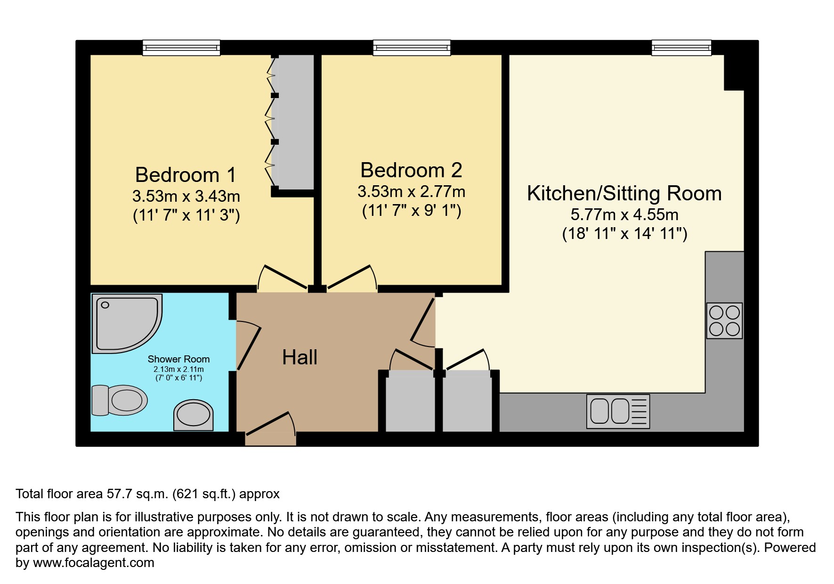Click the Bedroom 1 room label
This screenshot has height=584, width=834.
[x=186, y=175]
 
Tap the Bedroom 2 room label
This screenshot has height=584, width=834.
[x=411, y=170]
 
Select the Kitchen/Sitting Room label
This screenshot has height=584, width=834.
[x=624, y=194]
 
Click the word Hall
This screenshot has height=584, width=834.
[x=300, y=357]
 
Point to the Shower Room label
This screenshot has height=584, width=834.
[x=178, y=359]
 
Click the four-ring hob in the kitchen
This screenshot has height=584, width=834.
[x=724, y=321]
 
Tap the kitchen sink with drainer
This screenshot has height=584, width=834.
[x=618, y=411]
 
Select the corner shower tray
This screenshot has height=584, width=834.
[x=124, y=323]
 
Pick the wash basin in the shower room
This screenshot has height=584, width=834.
[x=193, y=416]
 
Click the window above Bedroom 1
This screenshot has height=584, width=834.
[x=181, y=47]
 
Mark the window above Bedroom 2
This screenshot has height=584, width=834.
[x=412, y=47]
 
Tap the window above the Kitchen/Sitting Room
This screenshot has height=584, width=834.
[x=681, y=47]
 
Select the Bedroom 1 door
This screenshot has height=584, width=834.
[x=283, y=278]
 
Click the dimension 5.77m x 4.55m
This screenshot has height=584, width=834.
[x=624, y=215]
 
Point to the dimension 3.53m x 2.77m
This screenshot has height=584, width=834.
[x=411, y=192]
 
